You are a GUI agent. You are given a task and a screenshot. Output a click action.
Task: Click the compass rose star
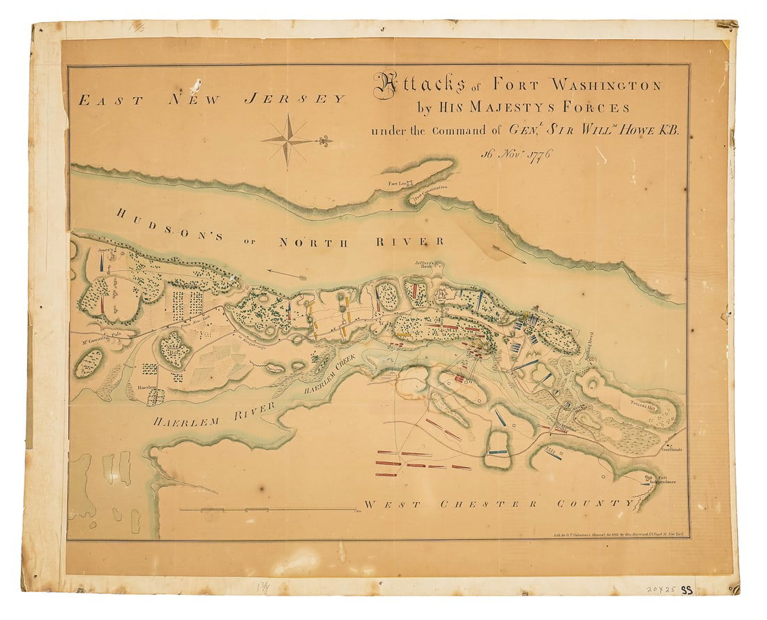tap(287, 140)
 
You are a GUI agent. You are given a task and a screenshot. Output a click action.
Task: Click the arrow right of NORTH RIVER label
tap(507, 253)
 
